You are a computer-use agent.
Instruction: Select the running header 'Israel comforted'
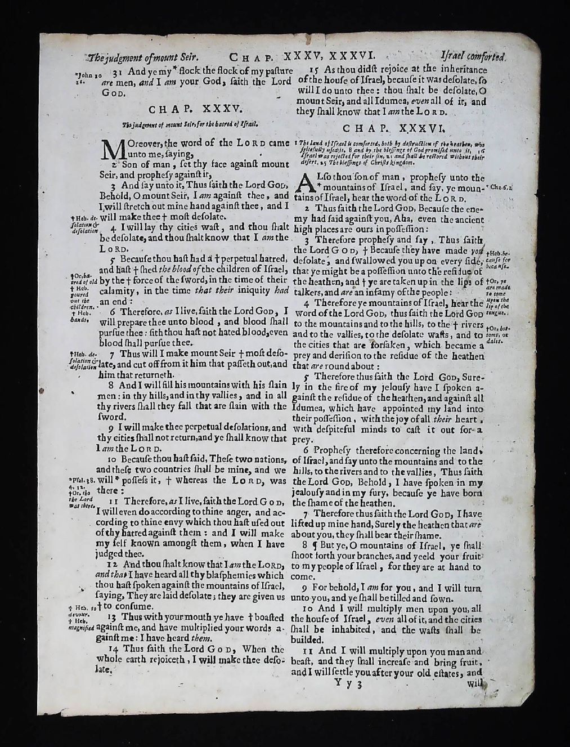(473, 57)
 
